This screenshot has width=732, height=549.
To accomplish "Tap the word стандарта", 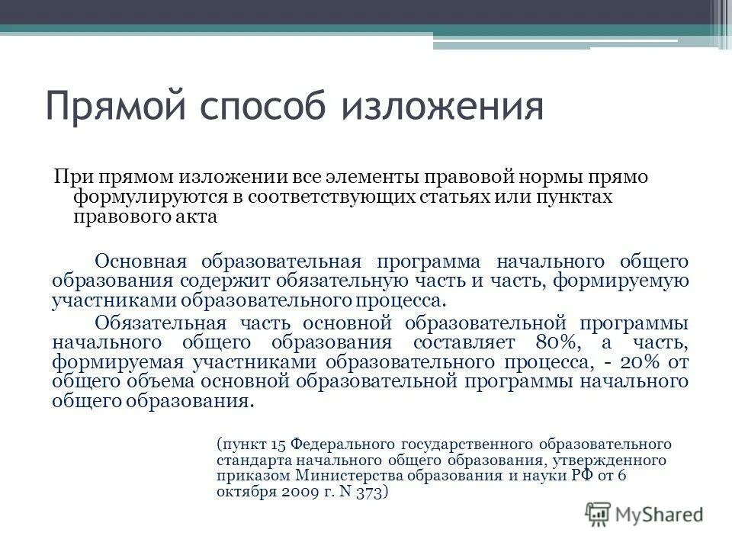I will tap(249, 460).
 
